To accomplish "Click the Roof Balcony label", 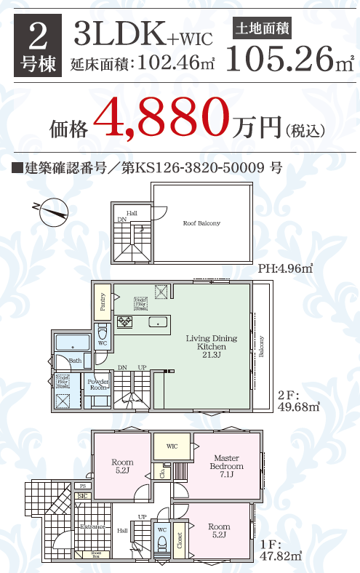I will coord(201,223).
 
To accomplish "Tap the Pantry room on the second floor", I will coord(103,300).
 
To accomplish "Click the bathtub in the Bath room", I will coord(71,342).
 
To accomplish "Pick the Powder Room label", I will coord(97,385).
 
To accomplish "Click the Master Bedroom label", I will coord(227,462).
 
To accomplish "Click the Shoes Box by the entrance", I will coord(95,554).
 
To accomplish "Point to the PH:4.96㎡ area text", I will coord(285,269).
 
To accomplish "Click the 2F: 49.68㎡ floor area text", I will coord(298,401).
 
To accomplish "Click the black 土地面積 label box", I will coord(262,30).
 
